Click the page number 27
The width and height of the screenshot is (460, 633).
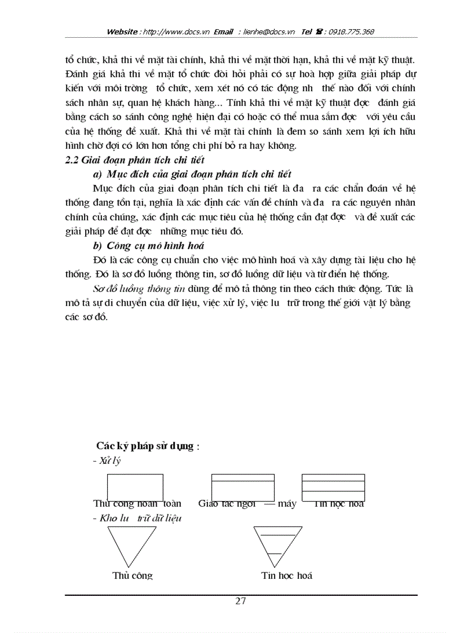[240, 601]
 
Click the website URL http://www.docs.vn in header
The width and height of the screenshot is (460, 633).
[177, 32]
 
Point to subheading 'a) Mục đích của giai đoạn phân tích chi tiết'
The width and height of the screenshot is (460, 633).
[192, 174]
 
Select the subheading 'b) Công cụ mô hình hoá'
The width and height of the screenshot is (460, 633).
[148, 245]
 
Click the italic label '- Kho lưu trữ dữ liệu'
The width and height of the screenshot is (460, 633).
[137, 517]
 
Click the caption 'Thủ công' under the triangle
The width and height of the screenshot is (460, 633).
[132, 576]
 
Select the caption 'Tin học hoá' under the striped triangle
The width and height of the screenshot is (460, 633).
[287, 576]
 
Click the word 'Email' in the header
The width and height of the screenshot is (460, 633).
[223, 32]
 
